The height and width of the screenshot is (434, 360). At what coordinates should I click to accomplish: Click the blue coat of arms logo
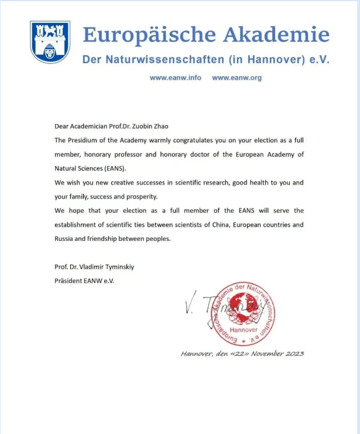[x=50, y=42]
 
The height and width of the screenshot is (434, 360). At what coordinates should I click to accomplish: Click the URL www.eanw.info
[x=176, y=78]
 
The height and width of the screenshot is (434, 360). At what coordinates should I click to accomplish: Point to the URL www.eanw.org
[x=236, y=78]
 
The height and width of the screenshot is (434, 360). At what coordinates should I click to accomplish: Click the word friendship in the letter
[x=113, y=238]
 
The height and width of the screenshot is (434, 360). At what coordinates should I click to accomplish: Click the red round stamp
[x=242, y=313]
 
